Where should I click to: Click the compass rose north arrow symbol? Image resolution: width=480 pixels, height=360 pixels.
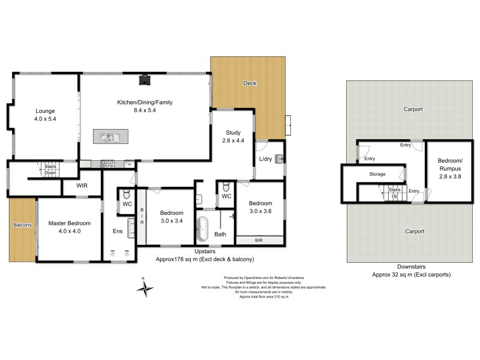coord(145,289)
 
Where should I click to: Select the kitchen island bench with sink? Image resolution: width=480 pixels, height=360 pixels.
coord(108,137)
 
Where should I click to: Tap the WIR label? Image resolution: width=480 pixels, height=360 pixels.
coord(82,186)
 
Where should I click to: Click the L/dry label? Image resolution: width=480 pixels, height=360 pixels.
coord(266,158)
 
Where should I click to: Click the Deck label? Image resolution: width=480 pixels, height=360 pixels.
coord(250,83)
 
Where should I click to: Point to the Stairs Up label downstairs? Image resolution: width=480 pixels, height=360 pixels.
coord(394,193)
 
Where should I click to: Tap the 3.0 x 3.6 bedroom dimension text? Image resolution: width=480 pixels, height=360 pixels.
coord(261,211)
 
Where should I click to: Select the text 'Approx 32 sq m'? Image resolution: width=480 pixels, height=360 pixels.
coord(394,274)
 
